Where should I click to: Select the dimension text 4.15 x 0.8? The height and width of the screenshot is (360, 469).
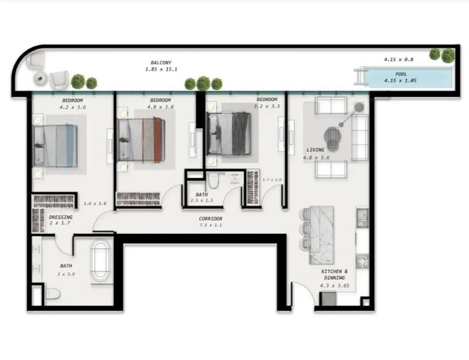[x=399, y=59]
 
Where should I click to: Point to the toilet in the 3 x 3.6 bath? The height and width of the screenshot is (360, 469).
[x=52, y=294]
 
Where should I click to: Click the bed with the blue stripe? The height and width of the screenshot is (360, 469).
[x=56, y=145]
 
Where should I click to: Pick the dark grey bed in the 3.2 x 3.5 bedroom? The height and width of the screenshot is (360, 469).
[x=227, y=133]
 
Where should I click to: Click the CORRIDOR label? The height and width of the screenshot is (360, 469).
[x=211, y=218]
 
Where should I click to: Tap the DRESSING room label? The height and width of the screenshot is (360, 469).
[x=61, y=217]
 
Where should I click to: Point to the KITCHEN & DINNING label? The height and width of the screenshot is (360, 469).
[x=333, y=275]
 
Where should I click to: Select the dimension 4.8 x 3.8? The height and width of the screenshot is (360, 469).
[x=160, y=107]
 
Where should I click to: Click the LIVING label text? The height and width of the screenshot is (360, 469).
[x=315, y=150]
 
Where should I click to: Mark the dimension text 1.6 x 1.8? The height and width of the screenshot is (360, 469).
[x=95, y=204]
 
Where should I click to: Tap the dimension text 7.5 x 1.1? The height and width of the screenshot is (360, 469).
[x=211, y=226]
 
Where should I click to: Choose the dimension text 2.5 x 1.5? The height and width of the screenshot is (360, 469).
[x=202, y=202]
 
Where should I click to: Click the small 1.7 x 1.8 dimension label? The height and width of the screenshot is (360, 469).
[x=272, y=180]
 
